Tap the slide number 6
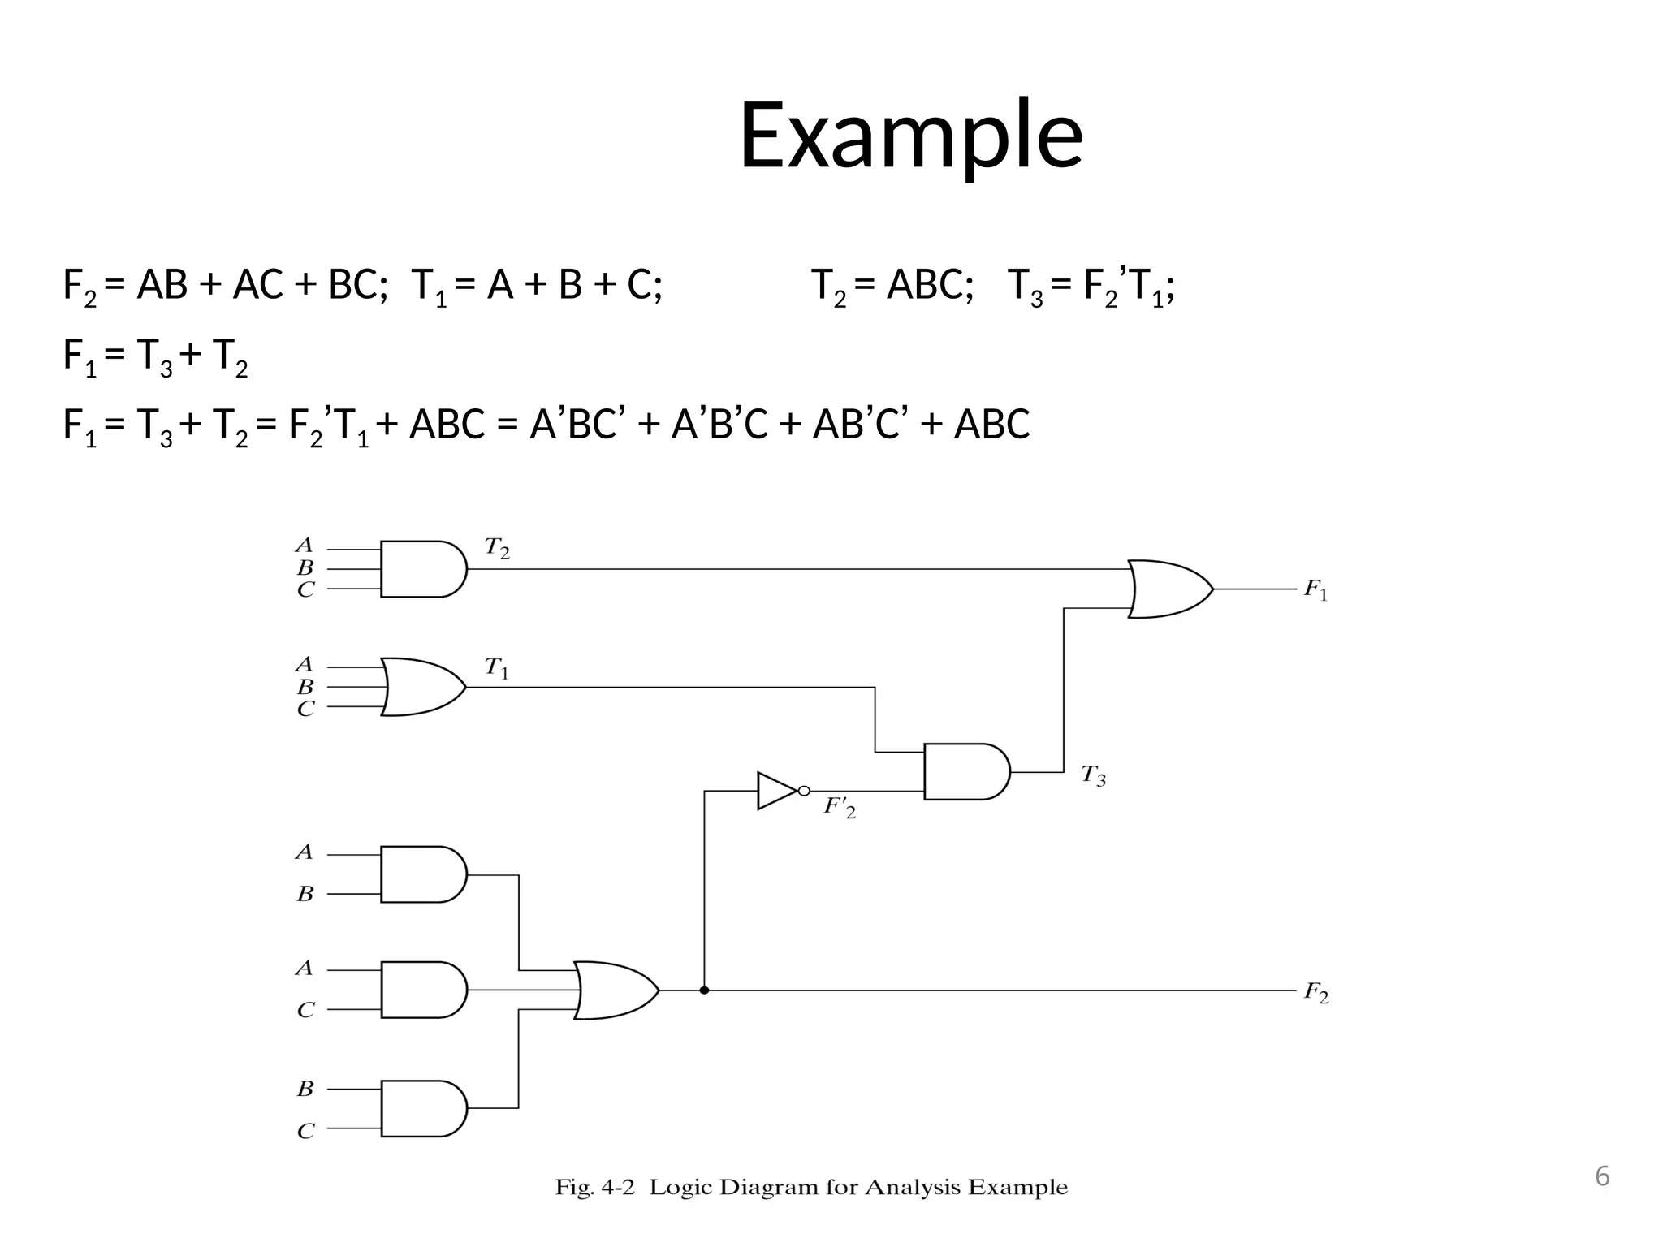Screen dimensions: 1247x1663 (1601, 1176)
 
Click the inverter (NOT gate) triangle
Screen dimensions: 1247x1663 (778, 791)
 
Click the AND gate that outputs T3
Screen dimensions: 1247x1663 (965, 771)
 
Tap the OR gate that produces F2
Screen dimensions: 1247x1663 (615, 990)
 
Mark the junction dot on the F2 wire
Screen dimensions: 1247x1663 (704, 990)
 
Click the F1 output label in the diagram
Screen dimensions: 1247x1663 (1315, 590)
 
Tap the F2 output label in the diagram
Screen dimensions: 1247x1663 (1315, 993)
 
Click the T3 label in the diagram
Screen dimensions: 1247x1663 (1093, 776)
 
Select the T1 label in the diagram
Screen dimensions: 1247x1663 (497, 669)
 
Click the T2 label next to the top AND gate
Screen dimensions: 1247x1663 (497, 549)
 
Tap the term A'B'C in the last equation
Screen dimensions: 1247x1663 (719, 424)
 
